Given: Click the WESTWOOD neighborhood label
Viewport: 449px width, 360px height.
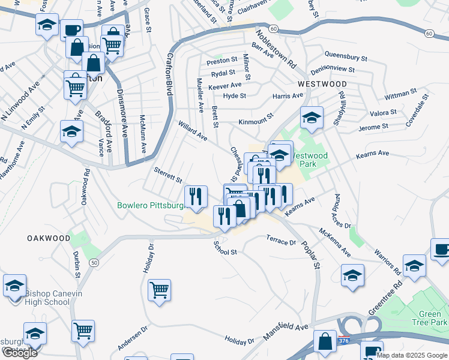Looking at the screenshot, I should (321, 84).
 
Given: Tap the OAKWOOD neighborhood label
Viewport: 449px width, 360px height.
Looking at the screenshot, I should (49, 238).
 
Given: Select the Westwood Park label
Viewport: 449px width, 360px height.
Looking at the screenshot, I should (315, 160).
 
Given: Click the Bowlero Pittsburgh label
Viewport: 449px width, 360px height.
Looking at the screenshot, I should (150, 205).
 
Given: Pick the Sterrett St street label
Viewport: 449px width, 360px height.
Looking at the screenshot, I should (168, 176).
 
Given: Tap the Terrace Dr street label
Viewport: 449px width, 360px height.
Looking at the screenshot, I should (282, 240).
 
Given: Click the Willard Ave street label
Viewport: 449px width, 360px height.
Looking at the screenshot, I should (193, 131).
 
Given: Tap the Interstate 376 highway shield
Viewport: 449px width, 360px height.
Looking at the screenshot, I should (343, 340).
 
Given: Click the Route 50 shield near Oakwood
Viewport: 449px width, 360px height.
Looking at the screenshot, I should (94, 262).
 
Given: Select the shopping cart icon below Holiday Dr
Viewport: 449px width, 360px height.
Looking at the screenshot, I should (160, 290).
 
